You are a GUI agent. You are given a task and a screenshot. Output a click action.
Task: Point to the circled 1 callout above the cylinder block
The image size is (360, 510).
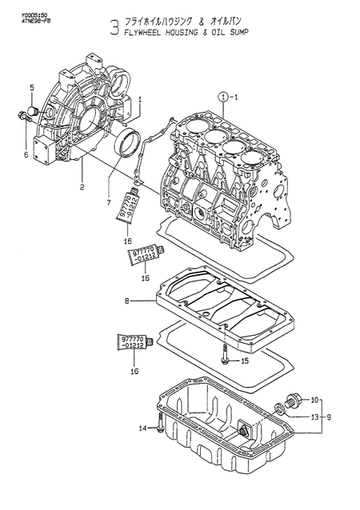point(220,96)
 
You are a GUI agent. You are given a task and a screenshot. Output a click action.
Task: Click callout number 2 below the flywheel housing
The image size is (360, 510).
point(81,188)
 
